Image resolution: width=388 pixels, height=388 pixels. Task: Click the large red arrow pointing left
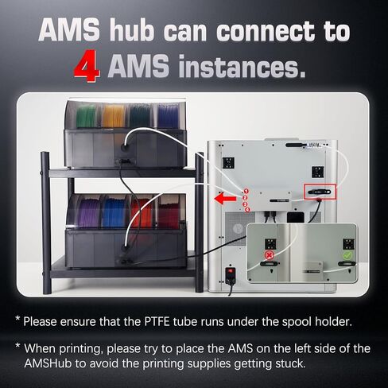pyautogui.click(x=228, y=198)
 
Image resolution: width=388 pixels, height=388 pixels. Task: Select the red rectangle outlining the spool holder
pyautogui.click(x=320, y=192)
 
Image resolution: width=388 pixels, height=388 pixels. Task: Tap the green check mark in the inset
pyautogui.click(x=346, y=256)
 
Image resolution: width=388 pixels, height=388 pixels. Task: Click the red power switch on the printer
pyautogui.click(x=231, y=278)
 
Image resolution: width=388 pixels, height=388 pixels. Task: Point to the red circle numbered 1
pyautogui.click(x=246, y=192)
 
